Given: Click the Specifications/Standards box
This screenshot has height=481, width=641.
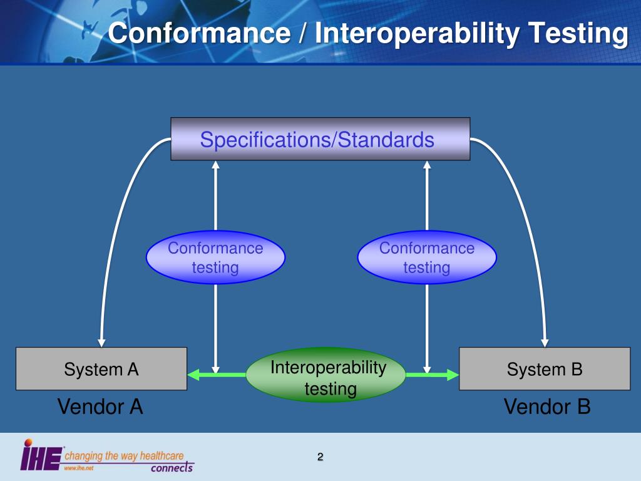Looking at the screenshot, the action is pyautogui.click(x=320, y=139).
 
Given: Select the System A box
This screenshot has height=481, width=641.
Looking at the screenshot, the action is pyautogui.click(x=101, y=369).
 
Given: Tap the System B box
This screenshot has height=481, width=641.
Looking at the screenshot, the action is pyautogui.click(x=545, y=369).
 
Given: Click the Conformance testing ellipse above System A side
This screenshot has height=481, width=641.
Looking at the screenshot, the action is pyautogui.click(x=215, y=257).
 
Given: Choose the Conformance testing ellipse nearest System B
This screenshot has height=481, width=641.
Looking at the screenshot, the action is pyautogui.click(x=427, y=257).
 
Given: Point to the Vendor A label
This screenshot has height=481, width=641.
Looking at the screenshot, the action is pyautogui.click(x=100, y=407).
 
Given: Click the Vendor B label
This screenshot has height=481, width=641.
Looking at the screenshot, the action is pyautogui.click(x=547, y=407).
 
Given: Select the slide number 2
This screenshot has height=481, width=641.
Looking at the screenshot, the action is pyautogui.click(x=320, y=457).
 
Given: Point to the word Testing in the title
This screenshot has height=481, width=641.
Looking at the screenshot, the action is pyautogui.click(x=578, y=33).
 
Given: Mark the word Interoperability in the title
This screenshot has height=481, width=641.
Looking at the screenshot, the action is pyautogui.click(x=417, y=33).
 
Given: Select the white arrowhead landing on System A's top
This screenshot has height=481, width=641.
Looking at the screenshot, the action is pyautogui.click(x=101, y=343).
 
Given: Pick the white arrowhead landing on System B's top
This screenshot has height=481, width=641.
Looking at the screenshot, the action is pyautogui.click(x=545, y=343).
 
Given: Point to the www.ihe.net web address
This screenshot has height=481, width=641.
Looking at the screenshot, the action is pyautogui.click(x=74, y=468).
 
